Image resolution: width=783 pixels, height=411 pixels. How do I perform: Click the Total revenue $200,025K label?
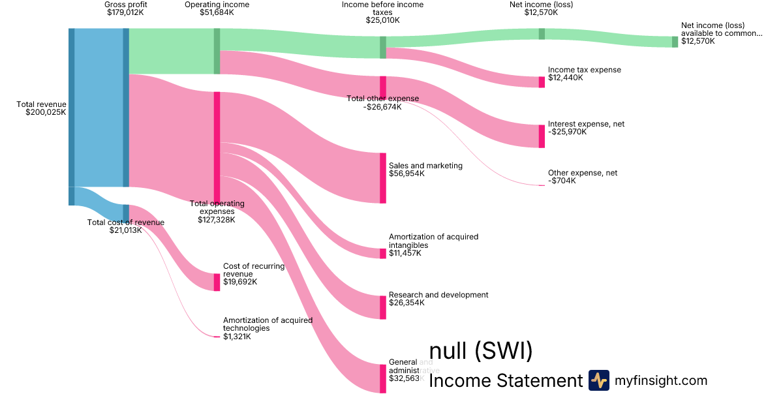coord(41,108)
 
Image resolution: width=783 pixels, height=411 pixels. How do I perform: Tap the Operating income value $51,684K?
coord(217,12)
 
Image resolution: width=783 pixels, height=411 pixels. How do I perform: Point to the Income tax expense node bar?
coord(542,82)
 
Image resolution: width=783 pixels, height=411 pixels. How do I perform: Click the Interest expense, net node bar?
coord(542,136)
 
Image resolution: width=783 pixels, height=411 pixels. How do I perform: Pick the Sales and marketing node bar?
coord(383,178)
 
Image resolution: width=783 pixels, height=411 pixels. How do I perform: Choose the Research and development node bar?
coord(383,307)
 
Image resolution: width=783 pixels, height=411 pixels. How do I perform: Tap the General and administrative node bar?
coord(383,378)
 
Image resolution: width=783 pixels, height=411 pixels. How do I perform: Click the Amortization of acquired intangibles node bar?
coord(383,253)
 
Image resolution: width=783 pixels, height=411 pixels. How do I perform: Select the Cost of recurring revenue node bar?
coord(217,282)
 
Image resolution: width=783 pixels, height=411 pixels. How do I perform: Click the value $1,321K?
coord(237,337)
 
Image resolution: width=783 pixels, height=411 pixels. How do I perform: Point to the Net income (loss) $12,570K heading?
coord(541,8)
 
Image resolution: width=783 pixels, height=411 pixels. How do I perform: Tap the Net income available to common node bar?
coord(675,42)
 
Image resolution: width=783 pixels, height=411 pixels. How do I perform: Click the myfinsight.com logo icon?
coord(598,380)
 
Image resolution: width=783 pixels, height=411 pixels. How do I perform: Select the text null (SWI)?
coord(481,351)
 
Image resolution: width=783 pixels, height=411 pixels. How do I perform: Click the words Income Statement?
coord(505,381)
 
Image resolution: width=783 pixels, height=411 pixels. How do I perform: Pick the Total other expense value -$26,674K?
coord(382,107)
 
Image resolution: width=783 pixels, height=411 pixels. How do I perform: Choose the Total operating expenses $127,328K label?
coord(217,211)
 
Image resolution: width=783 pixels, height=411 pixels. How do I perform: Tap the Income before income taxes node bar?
coord(383,47)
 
